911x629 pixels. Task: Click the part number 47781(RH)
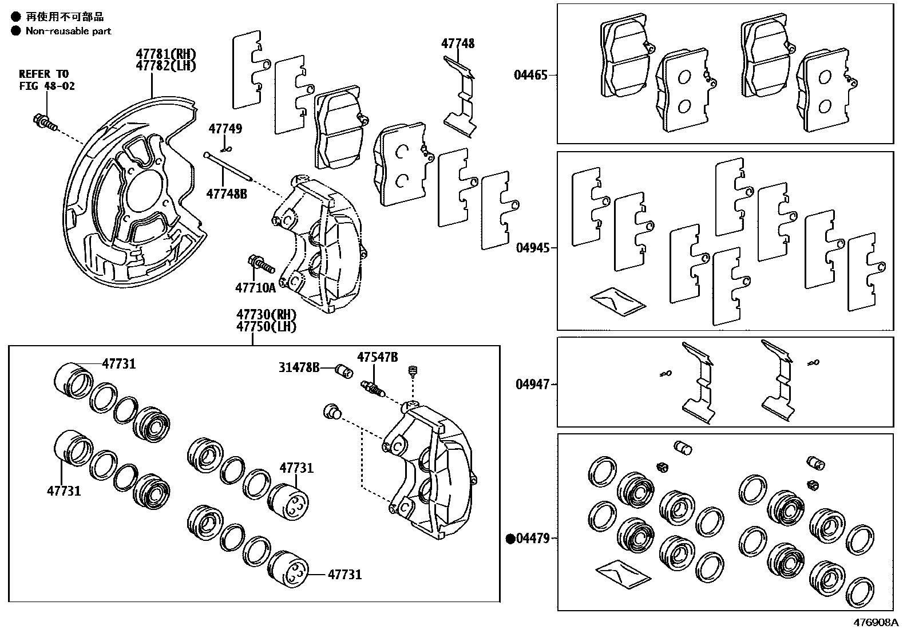coord(165,54)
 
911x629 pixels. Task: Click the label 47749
coord(225,129)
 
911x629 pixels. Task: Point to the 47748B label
coord(227,193)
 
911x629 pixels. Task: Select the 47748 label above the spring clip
coord(457,43)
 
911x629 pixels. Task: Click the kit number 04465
coord(530,75)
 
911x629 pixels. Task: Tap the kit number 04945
coord(532,248)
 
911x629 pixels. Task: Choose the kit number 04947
coord(532,384)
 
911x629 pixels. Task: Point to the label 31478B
coord(299,367)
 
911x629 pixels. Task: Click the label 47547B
coord(377,357)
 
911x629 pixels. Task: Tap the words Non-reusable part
coord(68,31)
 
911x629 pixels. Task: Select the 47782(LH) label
coord(165,65)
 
